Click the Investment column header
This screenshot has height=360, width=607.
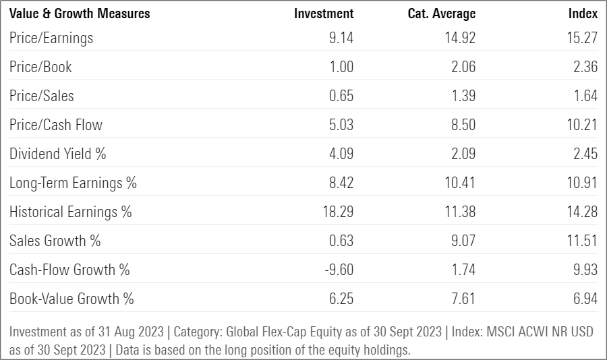coord(324,13)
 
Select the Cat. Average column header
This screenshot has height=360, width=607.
coord(442,13)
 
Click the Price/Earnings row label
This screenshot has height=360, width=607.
coord(51,38)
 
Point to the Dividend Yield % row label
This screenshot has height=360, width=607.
coord(58,154)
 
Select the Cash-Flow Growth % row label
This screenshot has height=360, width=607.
coord(69,270)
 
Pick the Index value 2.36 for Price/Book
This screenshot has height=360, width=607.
coord(584,67)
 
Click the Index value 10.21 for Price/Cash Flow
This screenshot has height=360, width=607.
coord(581,125)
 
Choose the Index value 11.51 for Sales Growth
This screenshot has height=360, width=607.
coord(581,241)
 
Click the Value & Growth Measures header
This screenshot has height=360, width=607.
coord(80,13)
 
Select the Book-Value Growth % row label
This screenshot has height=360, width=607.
coord(71,299)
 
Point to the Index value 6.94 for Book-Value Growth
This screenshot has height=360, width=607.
coord(584,299)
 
